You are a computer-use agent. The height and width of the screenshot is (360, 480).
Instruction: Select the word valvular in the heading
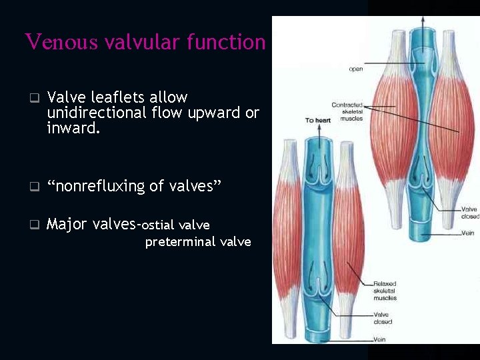click(x=141, y=42)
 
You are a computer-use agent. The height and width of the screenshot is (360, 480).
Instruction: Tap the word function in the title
click(x=227, y=42)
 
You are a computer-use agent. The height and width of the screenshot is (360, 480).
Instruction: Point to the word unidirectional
click(x=97, y=113)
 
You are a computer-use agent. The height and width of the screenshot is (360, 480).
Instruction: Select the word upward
click(x=217, y=113)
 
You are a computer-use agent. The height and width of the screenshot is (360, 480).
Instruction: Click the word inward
click(x=73, y=127)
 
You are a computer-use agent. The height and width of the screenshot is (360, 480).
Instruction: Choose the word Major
click(x=67, y=224)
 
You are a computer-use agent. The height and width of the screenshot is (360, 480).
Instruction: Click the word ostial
click(x=159, y=225)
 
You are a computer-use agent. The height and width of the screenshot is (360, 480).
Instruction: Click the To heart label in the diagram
click(x=318, y=120)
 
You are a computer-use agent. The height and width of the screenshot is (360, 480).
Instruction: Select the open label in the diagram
click(x=355, y=69)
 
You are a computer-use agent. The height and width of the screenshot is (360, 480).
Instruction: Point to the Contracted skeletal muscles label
click(x=347, y=111)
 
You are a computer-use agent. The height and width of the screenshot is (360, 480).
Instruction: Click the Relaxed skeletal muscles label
click(x=385, y=291)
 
